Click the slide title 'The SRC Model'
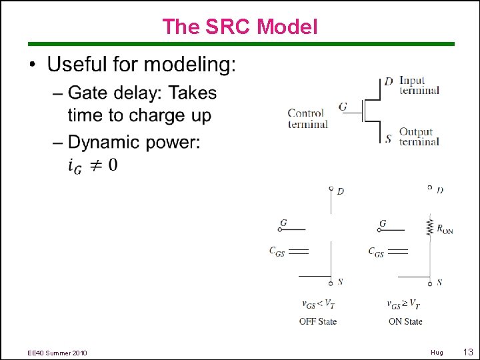(x=240, y=27)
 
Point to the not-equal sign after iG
(x=95, y=165)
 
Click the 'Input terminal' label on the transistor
(x=419, y=85)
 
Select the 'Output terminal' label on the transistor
(x=419, y=136)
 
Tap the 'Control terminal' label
(x=307, y=119)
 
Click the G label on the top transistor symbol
(x=343, y=107)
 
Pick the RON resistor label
(x=445, y=229)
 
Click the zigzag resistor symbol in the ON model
(x=430, y=227)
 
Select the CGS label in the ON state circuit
(x=376, y=252)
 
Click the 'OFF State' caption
(x=318, y=321)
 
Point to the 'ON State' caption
(x=405, y=321)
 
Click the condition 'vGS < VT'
(x=318, y=304)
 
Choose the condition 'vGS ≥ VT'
(x=404, y=304)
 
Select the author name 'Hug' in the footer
(x=437, y=352)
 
